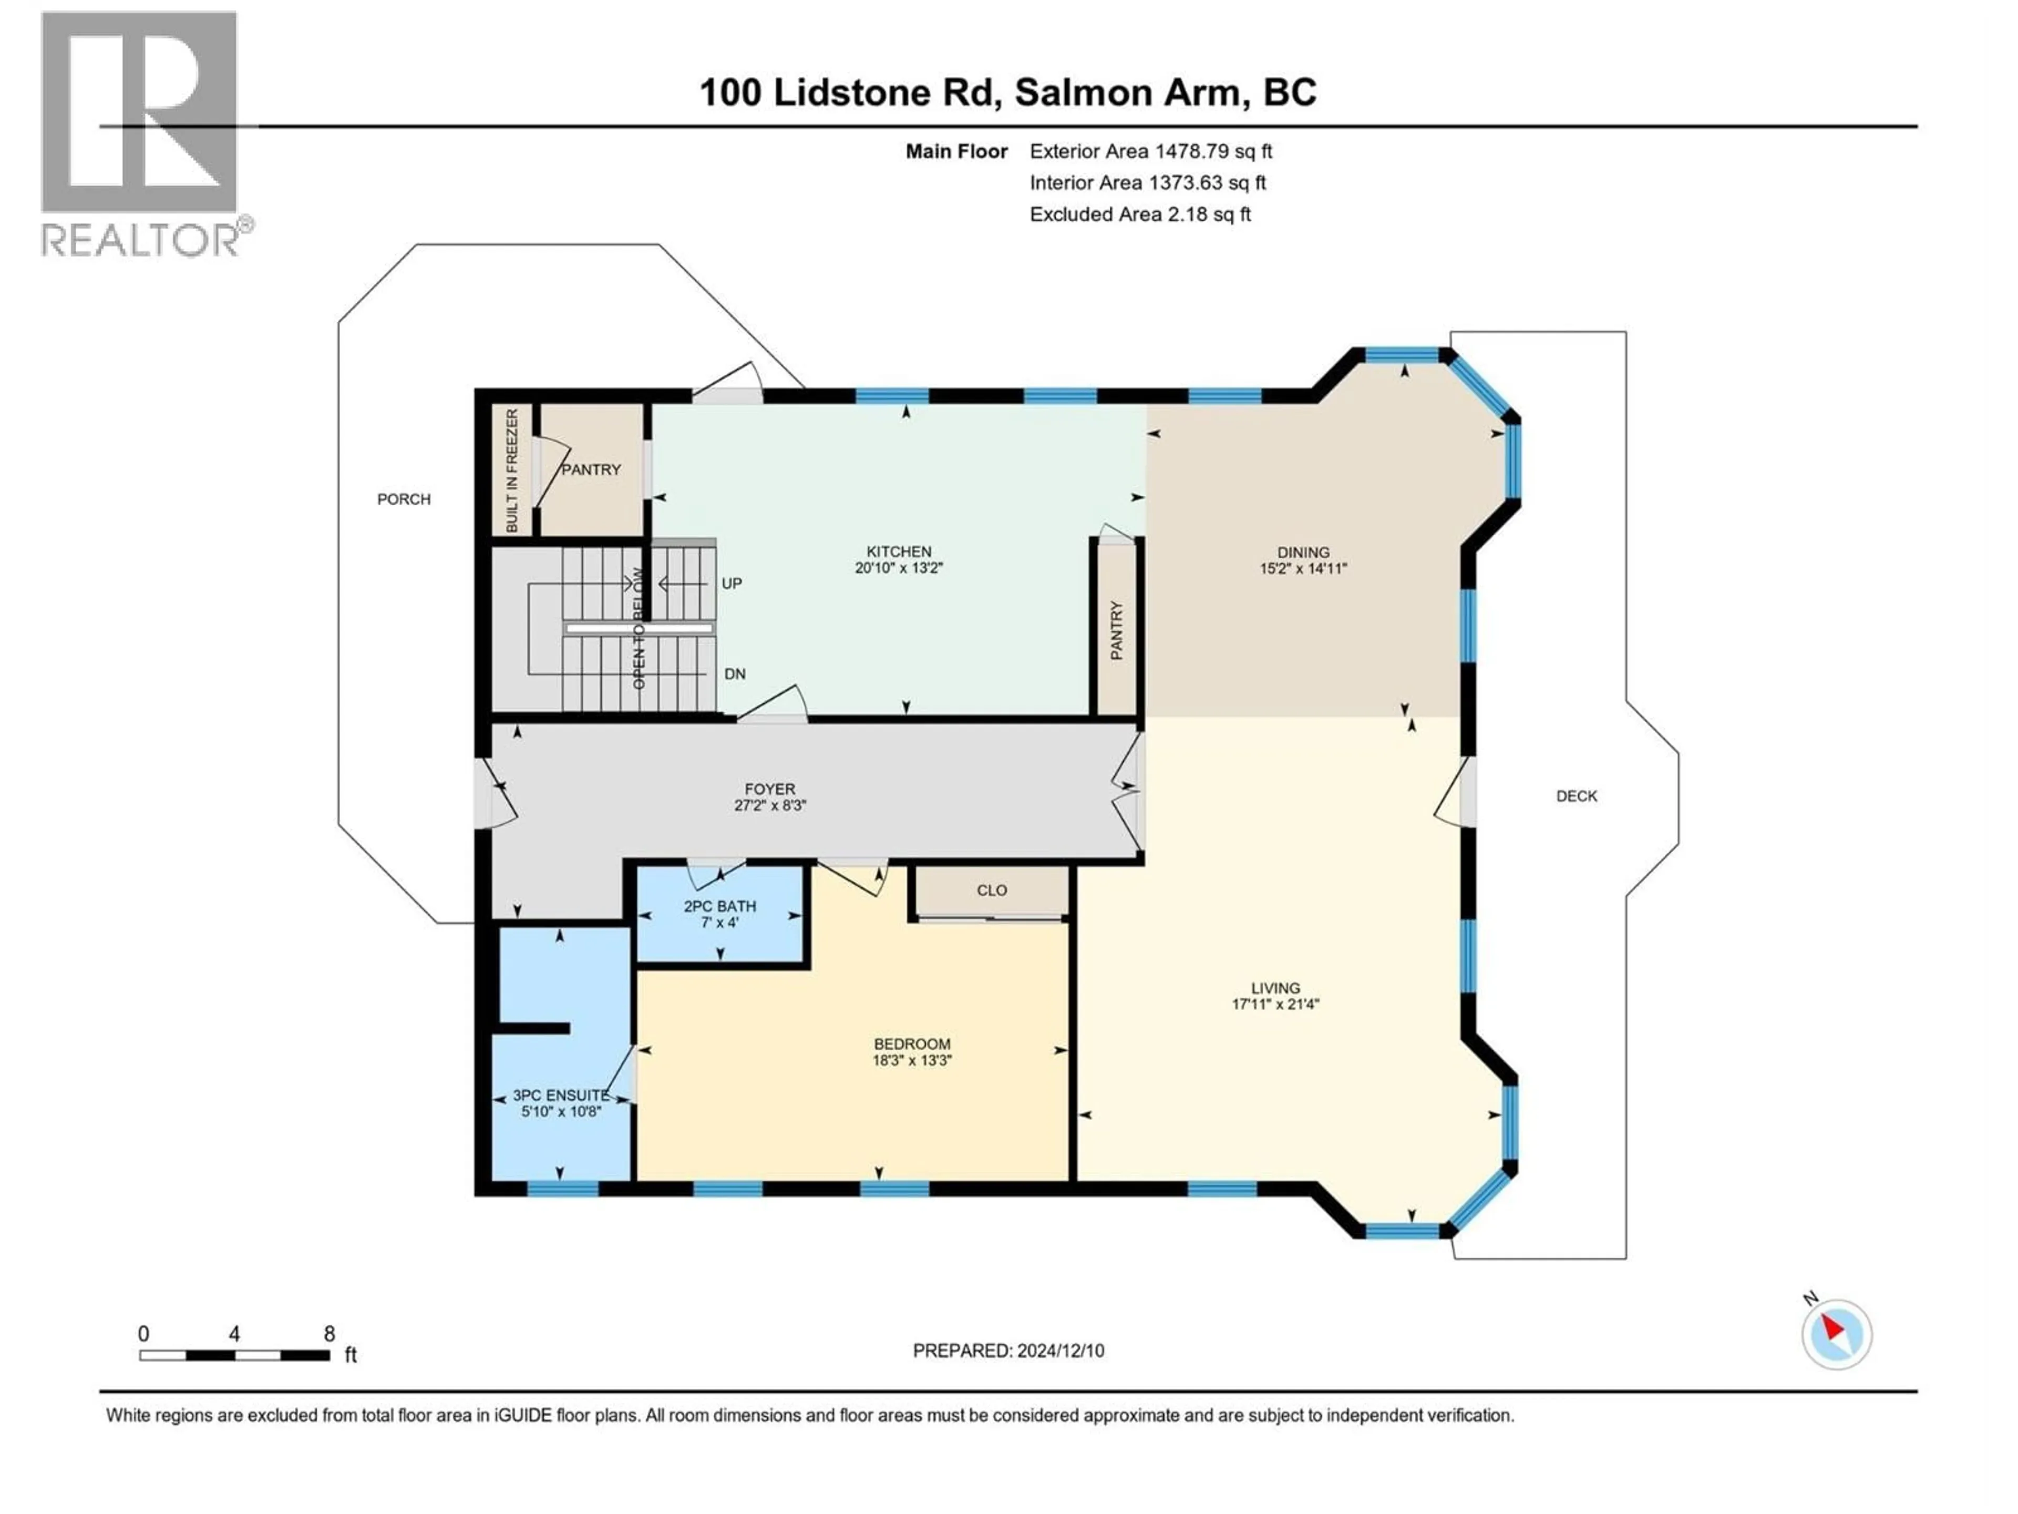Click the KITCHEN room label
pos(899,551)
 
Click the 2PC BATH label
pos(720,906)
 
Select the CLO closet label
pos(992,890)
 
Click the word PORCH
pos(403,499)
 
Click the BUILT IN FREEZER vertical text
pos(512,471)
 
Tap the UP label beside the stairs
pos(732,583)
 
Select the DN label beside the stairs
pos(734,673)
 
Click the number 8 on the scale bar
pos(330,1333)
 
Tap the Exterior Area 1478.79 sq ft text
pos(1150,151)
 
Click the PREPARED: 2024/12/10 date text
pos(1008,1351)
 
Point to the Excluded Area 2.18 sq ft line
pos(1139,214)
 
